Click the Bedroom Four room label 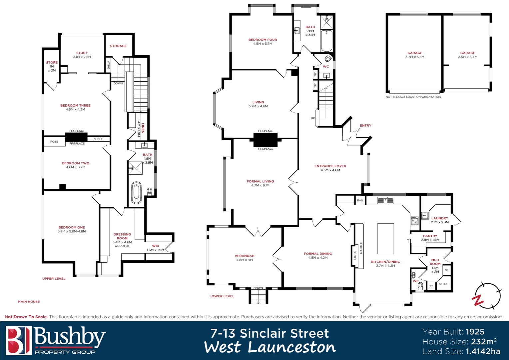click(262, 40)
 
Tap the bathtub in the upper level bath click(136, 193)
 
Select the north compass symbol click(487, 296)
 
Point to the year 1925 click(475, 332)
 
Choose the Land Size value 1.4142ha click(483, 351)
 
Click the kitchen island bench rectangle click(385, 239)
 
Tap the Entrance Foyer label click(330, 166)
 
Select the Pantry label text click(430, 236)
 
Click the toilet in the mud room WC click(420, 285)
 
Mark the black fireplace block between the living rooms click(265, 140)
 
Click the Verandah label click(245, 256)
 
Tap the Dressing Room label click(122, 236)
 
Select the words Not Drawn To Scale click(26, 317)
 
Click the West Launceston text click(270, 347)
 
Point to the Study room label click(82, 53)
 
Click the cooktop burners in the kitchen click(414, 221)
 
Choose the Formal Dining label click(318, 254)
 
